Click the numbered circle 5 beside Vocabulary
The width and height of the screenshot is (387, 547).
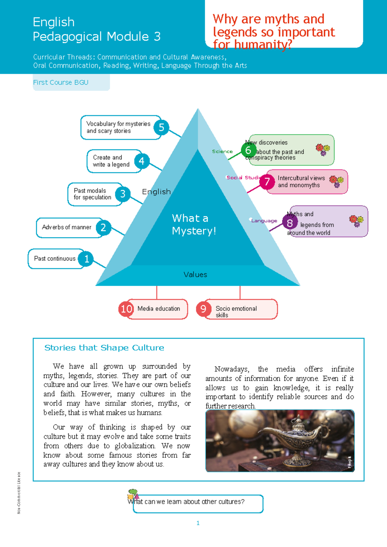[161, 127]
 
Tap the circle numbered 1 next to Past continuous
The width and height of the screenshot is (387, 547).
[86, 259]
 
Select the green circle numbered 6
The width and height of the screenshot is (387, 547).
[248, 150]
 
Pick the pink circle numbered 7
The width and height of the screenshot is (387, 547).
[267, 182]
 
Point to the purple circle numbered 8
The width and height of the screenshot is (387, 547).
[290, 223]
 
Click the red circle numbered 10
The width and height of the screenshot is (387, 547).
[126, 309]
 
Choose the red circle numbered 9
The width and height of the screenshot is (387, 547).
[203, 309]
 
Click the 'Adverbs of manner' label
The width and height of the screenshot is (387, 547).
[66, 227]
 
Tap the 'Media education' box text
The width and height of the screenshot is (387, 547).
[159, 309]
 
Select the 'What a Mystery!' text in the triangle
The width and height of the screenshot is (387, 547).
[193, 224]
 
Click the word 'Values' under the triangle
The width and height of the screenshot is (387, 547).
[195, 274]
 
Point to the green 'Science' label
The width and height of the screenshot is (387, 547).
[222, 152]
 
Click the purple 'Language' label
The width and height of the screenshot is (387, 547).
[264, 221]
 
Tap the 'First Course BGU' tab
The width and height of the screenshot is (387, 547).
[61, 83]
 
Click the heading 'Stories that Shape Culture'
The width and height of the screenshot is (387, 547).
[104, 348]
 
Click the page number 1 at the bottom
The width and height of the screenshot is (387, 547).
[198, 523]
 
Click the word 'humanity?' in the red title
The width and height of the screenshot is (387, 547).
[263, 45]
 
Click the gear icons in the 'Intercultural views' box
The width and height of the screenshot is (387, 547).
[336, 182]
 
